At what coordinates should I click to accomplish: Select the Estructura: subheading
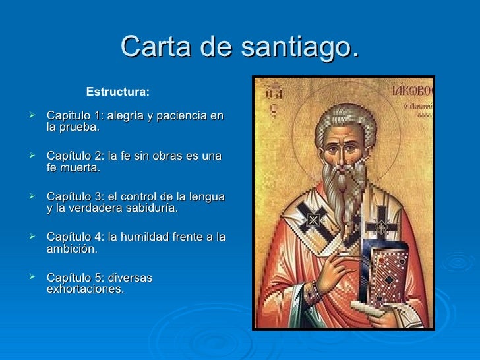click(118, 90)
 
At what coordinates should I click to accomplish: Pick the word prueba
click(80, 128)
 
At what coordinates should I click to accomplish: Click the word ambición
click(72, 249)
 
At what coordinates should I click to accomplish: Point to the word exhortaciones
click(85, 289)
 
